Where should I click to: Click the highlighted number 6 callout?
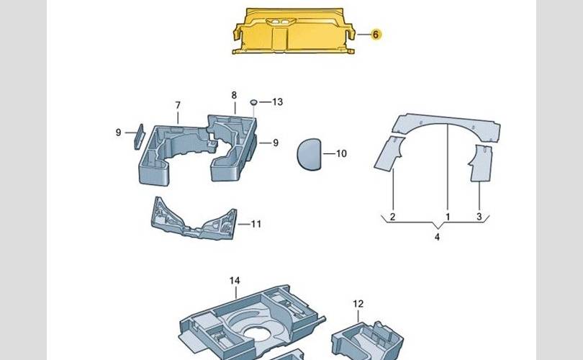[x=376, y=35]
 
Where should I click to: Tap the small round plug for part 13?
[x=254, y=102]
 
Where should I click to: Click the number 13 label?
[x=277, y=102]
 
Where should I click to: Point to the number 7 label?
[x=178, y=106]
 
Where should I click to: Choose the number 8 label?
[x=234, y=95]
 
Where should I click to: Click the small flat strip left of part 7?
[x=139, y=137]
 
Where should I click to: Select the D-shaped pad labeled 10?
[x=309, y=154]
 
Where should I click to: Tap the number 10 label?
[x=341, y=153]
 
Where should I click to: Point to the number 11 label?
[x=256, y=224]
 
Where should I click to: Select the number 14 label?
[x=235, y=280]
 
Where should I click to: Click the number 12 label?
[x=358, y=304]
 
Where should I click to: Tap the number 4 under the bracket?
[x=438, y=237]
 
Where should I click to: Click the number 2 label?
[x=393, y=217]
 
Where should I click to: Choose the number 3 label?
[x=479, y=217]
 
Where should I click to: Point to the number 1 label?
[x=448, y=217]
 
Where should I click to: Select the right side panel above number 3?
[x=480, y=163]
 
